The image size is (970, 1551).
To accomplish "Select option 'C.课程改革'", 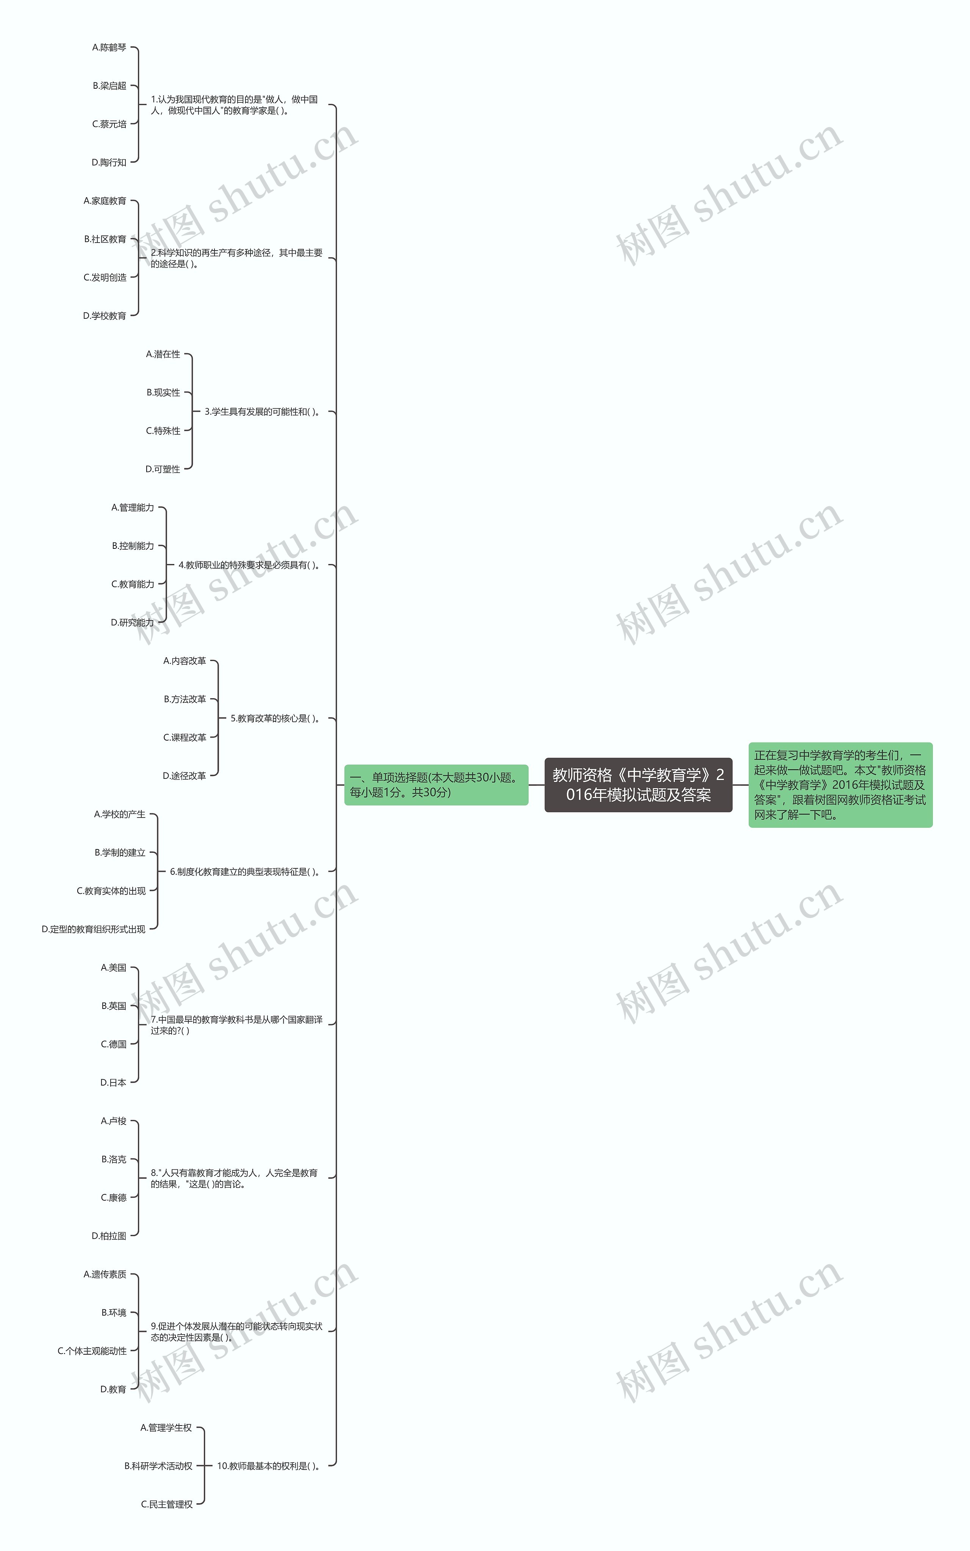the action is point(185,737).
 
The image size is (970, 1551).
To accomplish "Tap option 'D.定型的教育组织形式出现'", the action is point(94,929).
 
